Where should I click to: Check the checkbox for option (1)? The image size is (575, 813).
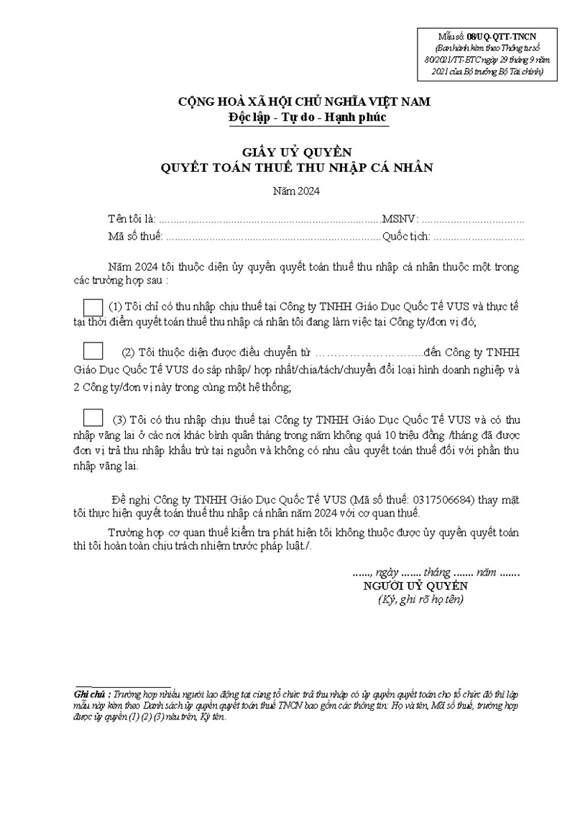[93, 306]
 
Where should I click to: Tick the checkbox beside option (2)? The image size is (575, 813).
[93, 353]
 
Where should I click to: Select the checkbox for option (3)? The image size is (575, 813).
[93, 417]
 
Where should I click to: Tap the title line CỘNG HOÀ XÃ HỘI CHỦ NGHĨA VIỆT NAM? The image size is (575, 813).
[305, 101]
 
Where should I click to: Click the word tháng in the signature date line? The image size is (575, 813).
[437, 573]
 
